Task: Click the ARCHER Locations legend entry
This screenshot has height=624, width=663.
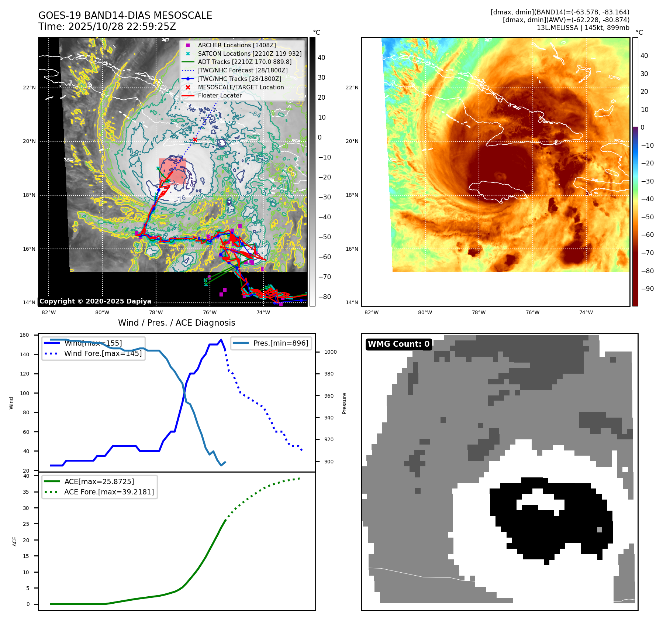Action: pos(236,45)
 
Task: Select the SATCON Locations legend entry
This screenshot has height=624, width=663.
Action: pos(249,54)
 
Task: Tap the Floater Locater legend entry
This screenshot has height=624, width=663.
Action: pos(220,95)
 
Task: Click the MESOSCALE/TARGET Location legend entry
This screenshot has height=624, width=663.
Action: pos(241,87)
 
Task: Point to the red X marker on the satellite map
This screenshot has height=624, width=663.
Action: pos(195,140)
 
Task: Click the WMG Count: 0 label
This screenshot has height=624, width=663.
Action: pos(398,344)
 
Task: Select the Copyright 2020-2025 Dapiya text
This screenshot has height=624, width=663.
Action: pos(95,301)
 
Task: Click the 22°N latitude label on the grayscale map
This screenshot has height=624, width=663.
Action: pos(29,88)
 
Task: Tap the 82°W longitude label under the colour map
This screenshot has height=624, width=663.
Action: pos(371,312)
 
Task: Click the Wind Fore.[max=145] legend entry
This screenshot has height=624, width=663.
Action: pos(103,353)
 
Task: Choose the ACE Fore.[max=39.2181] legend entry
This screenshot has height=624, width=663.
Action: pos(109,492)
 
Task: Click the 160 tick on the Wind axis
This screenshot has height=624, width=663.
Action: pos(24,335)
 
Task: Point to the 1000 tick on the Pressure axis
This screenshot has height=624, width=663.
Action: pos(330,352)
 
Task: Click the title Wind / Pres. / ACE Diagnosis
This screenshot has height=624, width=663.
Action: pos(176,323)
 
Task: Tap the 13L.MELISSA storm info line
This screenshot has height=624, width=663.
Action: pos(583,28)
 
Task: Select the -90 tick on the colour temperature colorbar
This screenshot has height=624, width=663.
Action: pos(647,289)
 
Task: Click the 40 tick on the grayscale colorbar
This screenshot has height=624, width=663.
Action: pos(321,58)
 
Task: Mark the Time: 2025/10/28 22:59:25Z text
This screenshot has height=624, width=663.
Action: pos(107,27)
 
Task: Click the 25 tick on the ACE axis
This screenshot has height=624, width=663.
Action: pos(26,524)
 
